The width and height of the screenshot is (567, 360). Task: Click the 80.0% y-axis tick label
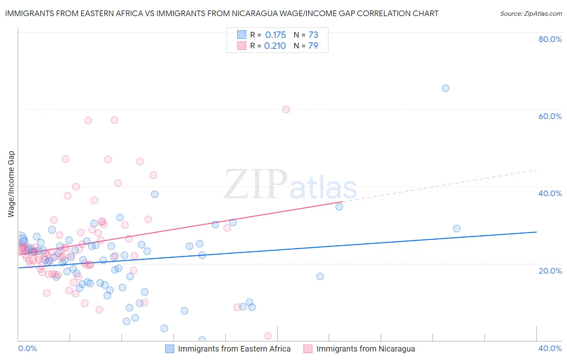tap(550, 39)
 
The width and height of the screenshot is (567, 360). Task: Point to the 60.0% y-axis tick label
tap(550, 116)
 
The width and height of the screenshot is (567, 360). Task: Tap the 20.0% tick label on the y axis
tap(550, 271)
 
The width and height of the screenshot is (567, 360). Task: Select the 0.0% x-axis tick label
tap(27, 348)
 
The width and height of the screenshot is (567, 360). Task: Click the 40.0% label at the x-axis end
tap(550, 348)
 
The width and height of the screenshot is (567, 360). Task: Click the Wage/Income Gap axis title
tap(11, 184)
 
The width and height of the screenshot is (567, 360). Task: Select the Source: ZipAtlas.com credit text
tap(531, 13)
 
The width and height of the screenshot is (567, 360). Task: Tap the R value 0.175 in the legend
tap(275, 35)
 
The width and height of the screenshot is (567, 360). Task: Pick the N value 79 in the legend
tap(313, 46)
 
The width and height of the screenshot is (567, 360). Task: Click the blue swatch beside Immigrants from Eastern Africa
tap(170, 349)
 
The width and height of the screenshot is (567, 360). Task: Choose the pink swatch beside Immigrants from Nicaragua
tap(308, 349)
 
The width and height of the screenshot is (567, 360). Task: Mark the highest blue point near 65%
tap(446, 88)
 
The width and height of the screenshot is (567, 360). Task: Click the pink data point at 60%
tap(286, 109)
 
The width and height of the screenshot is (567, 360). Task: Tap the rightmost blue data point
tap(457, 228)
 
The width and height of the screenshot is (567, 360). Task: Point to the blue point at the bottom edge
tap(202, 340)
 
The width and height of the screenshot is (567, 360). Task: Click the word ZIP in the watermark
tap(256, 184)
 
